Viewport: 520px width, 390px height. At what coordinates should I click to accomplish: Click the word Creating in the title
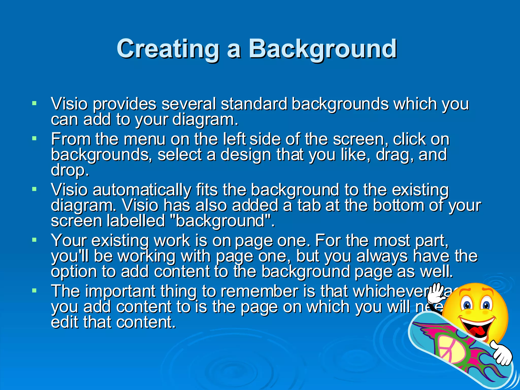point(168,49)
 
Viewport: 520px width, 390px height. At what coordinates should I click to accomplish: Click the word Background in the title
point(322,49)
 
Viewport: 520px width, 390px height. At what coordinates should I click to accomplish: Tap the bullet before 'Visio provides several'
point(34,103)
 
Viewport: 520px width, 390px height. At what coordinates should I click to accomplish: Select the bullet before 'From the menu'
point(34,139)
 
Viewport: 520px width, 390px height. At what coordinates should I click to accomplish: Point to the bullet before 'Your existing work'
point(34,240)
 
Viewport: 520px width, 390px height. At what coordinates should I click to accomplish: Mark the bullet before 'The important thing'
point(34,290)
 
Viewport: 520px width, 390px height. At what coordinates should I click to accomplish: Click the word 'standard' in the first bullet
point(254,104)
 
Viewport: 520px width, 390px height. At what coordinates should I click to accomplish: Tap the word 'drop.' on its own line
point(70,170)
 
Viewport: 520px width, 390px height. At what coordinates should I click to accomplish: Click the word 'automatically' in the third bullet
point(142,190)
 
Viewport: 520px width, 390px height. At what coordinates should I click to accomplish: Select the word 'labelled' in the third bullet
point(136,221)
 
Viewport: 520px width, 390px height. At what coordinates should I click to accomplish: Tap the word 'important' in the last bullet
point(120,291)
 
